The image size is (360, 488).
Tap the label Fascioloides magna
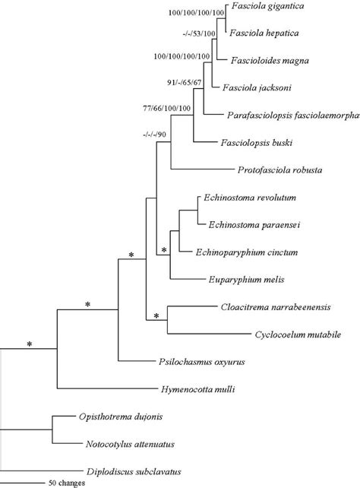point(268,59)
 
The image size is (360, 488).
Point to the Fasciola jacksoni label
point(257,88)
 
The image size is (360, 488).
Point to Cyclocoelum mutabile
point(297,334)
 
